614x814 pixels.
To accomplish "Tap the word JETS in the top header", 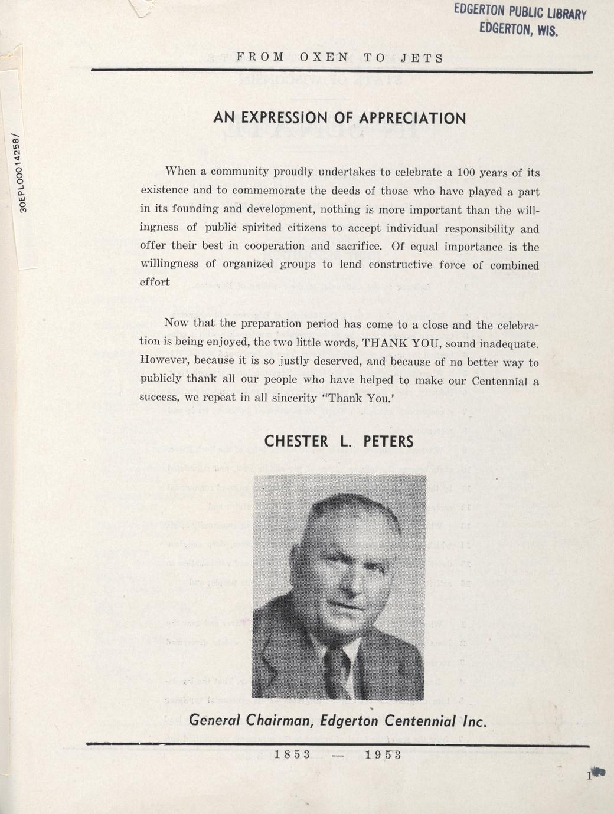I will point(422,58).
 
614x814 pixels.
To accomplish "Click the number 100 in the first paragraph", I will point(466,173).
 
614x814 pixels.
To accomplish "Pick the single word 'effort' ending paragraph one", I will point(155,282).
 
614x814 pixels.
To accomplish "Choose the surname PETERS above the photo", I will point(388,441).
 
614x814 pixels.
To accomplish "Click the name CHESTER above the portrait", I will point(296,441).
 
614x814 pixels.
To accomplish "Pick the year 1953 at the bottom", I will point(383,755).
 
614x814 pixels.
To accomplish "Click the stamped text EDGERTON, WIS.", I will point(518,28).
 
